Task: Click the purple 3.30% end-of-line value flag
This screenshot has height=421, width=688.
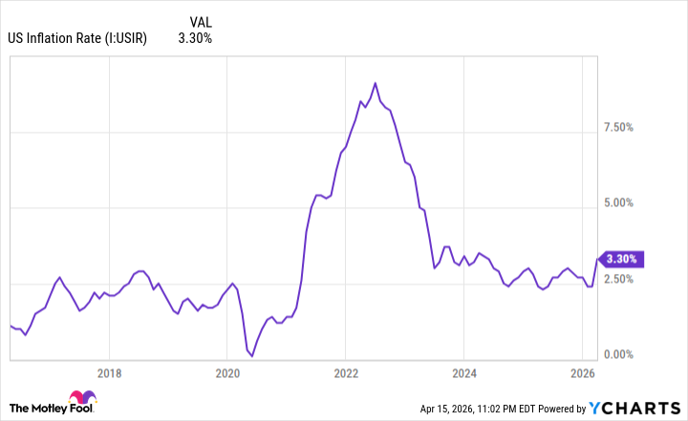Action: coord(622,258)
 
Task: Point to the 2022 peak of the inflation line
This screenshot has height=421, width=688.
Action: coord(375,83)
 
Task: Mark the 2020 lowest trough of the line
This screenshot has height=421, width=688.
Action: coord(251,356)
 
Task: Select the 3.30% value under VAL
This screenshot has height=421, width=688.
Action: coord(195,38)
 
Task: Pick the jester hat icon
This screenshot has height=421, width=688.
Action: coord(81,401)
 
